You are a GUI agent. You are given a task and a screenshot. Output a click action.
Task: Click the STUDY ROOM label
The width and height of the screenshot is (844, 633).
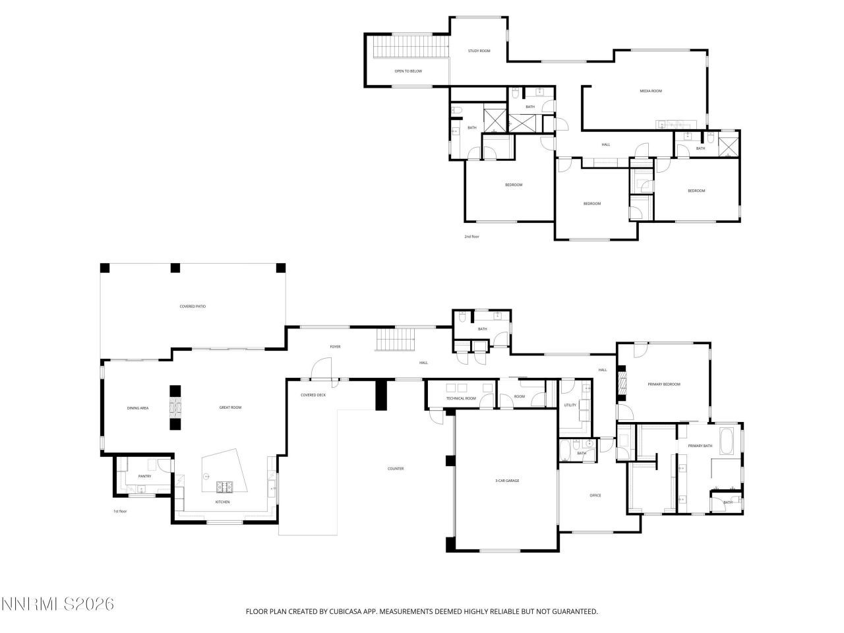click(479, 51)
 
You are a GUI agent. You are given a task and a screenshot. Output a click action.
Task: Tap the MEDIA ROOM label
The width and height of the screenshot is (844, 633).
click(651, 91)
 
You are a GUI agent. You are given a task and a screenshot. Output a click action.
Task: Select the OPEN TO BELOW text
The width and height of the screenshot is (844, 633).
click(408, 71)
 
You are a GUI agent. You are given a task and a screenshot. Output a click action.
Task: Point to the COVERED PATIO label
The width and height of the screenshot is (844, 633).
click(193, 307)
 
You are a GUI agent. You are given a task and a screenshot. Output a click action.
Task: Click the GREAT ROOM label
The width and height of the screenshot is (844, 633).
click(230, 408)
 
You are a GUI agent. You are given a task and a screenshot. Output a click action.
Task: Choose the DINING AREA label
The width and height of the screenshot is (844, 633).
click(138, 408)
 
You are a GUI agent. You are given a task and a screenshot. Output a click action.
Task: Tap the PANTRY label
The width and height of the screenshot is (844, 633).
click(144, 476)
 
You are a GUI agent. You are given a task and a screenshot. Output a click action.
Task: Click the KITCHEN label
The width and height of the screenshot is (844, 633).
click(223, 502)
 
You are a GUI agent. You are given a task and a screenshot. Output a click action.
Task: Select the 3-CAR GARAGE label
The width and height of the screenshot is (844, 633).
click(507, 481)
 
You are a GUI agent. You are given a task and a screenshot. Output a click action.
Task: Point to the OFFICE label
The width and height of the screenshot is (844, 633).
click(595, 496)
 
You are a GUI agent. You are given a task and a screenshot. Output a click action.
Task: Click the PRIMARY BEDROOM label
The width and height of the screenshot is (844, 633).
click(663, 384)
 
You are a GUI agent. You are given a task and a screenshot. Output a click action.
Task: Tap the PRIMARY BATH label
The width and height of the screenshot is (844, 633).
click(700, 446)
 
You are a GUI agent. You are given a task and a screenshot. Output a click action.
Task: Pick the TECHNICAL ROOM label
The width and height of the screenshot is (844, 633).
click(461, 399)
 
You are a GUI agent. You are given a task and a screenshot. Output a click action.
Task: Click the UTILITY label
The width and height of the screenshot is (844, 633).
click(570, 405)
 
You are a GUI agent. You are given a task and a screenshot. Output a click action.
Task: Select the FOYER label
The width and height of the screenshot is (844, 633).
click(335, 347)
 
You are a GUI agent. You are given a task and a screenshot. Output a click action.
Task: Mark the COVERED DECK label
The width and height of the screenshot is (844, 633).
click(313, 395)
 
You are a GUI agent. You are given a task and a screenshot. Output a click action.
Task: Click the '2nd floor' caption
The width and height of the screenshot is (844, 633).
click(471, 236)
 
